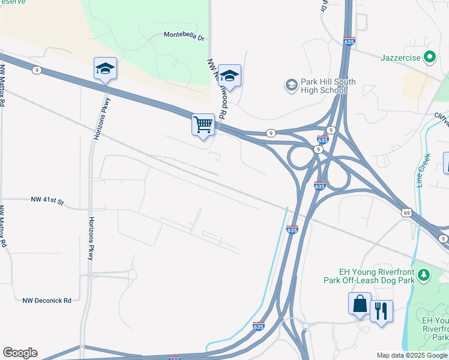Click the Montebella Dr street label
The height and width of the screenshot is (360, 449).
coord(184,35)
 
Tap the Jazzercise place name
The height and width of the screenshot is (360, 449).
coord(402,58)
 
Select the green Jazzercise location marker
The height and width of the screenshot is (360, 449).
coord(429,58)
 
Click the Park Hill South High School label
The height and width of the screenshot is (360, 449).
coord(329,86)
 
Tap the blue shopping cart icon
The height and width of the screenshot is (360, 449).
coord(203,125)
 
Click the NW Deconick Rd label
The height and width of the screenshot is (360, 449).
coord(47,301)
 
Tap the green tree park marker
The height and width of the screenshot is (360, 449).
coord(424,275)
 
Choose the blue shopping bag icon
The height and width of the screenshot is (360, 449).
coord(360,304)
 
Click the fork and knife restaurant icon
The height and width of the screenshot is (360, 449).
coord(381,311)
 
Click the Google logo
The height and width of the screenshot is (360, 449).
coord(20,353)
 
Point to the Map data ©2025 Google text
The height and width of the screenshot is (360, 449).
coord(412,355)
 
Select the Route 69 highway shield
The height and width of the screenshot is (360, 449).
coord(407,212)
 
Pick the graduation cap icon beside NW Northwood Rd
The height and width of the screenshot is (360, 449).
coord(229,75)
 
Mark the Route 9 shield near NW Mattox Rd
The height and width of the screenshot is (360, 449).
coord(37,70)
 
